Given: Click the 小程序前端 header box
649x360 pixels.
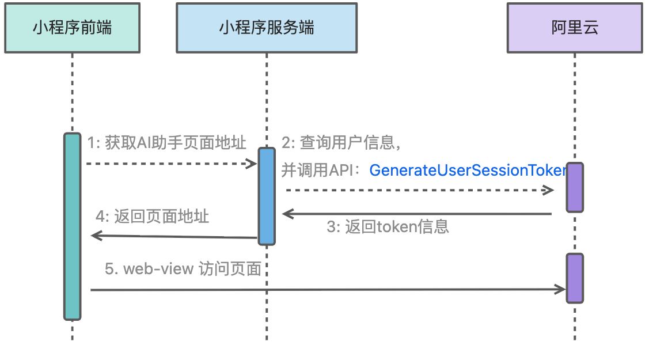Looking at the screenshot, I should coord(72,28).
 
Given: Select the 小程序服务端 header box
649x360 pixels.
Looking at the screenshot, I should coord(266,28).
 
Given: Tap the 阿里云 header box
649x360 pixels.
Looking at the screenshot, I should coord(574,28).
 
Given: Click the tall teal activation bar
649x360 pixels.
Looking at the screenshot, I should coord(72,226).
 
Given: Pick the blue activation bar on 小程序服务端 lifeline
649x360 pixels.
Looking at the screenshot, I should coord(266,196).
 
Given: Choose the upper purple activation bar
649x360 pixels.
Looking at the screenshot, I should coord(575,187).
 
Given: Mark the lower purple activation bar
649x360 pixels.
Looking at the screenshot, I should coord(575,278).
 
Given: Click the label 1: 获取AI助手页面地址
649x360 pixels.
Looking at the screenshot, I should coord(166,143).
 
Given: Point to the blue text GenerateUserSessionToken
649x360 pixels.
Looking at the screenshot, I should coord(468,170).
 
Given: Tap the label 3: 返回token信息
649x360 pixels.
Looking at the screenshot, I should coord(388,227).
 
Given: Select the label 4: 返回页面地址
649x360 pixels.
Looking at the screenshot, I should coord(152,217).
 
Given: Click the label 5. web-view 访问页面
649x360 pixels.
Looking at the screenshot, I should coord(183,269).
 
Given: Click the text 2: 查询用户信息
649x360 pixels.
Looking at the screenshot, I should coord(340,143).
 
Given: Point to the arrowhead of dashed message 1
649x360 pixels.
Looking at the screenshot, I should coord(252,164).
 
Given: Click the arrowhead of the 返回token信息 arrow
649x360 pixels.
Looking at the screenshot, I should coord(287,214).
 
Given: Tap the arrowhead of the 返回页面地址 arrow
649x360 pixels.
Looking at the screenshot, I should coord(96,235).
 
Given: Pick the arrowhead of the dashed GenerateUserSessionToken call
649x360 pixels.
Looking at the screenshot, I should coord(549,190).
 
